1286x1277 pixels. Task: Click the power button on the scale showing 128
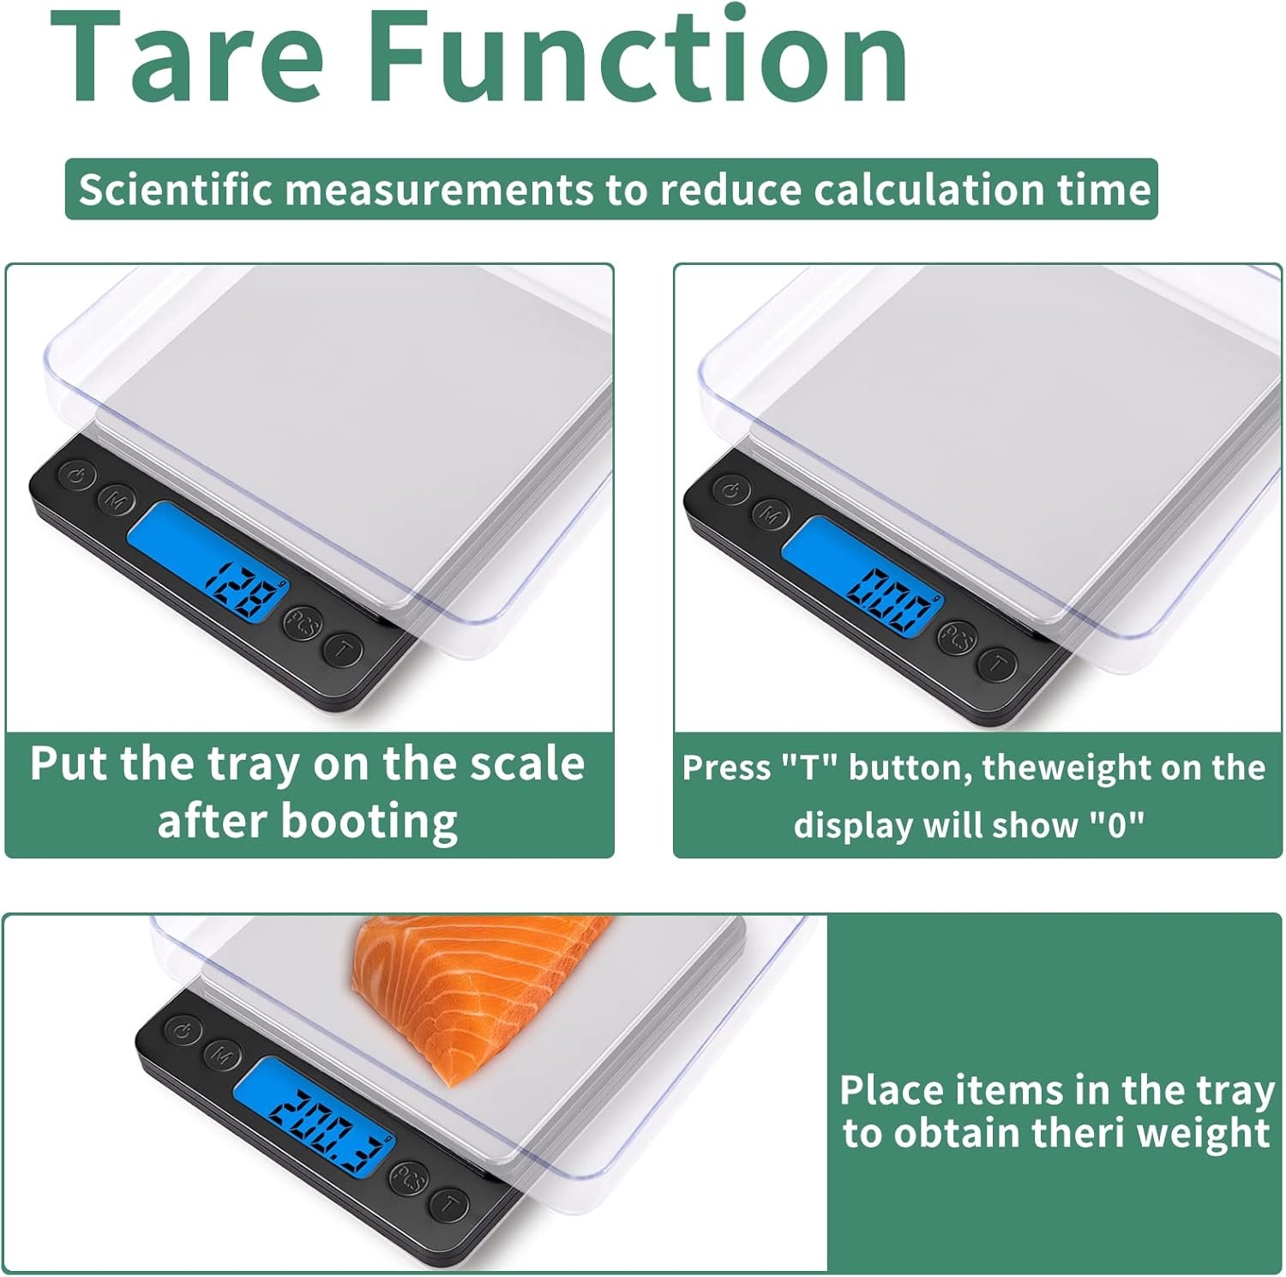click(76, 474)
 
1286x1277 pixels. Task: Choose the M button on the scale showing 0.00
click(771, 515)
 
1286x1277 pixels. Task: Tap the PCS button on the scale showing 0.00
click(957, 637)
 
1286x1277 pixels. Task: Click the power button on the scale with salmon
click(183, 1030)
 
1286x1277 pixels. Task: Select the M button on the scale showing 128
click(115, 498)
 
